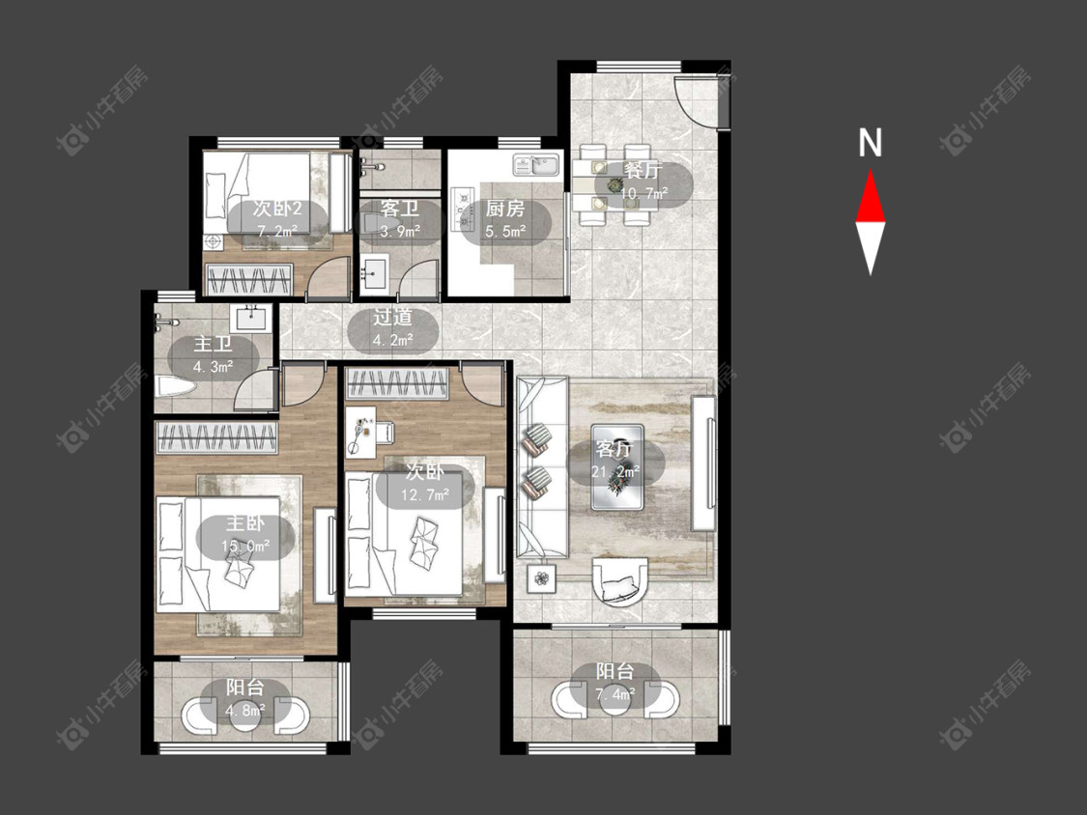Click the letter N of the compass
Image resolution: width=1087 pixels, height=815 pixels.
click(x=870, y=143)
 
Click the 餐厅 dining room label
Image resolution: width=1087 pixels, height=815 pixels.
click(x=644, y=171)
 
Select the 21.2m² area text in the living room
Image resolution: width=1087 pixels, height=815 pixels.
click(x=615, y=472)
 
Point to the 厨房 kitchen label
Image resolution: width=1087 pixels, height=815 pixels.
click(x=504, y=209)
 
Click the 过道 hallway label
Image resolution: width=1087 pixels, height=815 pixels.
click(x=393, y=318)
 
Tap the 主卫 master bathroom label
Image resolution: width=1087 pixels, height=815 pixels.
click(x=213, y=344)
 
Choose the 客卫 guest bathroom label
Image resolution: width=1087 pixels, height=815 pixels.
click(x=400, y=208)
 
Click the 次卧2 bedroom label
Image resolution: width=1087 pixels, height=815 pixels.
click(x=277, y=208)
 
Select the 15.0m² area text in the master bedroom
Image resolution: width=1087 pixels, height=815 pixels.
click(x=245, y=547)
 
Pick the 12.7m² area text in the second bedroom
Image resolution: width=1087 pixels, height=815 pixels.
click(x=426, y=494)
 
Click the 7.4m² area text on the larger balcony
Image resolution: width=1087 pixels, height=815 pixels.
click(x=615, y=693)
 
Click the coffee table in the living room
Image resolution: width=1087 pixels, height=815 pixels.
click(x=617, y=466)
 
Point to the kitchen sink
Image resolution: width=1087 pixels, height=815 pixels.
click(x=536, y=165)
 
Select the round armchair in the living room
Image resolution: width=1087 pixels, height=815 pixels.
click(x=620, y=581)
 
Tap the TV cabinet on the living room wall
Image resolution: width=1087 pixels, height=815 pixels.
click(x=703, y=463)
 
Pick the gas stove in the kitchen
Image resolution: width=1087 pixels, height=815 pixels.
click(x=460, y=210)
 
